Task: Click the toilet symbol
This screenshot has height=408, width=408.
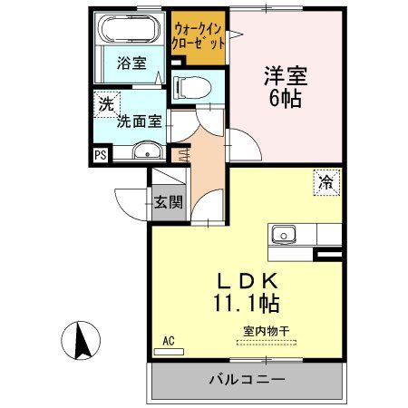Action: click(x=191, y=86)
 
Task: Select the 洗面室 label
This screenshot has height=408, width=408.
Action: click(x=137, y=119)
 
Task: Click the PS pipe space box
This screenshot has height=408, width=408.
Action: click(x=100, y=154)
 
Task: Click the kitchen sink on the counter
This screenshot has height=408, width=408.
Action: click(x=285, y=234)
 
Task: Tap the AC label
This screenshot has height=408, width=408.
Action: click(x=167, y=341)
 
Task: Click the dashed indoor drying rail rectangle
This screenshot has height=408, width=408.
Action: click(x=266, y=343)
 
